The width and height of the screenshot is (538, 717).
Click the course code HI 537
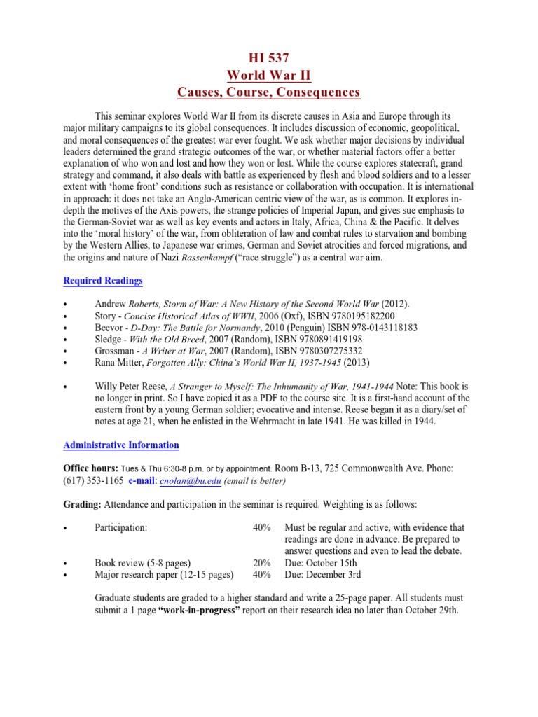pyautogui.click(x=268, y=58)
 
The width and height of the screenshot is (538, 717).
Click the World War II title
pyautogui.click(x=268, y=75)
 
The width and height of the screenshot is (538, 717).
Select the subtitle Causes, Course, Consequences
pyautogui.click(x=268, y=92)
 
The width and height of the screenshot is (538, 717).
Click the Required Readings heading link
pyautogui.click(x=103, y=281)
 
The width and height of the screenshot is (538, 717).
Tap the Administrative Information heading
pyautogui.click(x=121, y=445)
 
